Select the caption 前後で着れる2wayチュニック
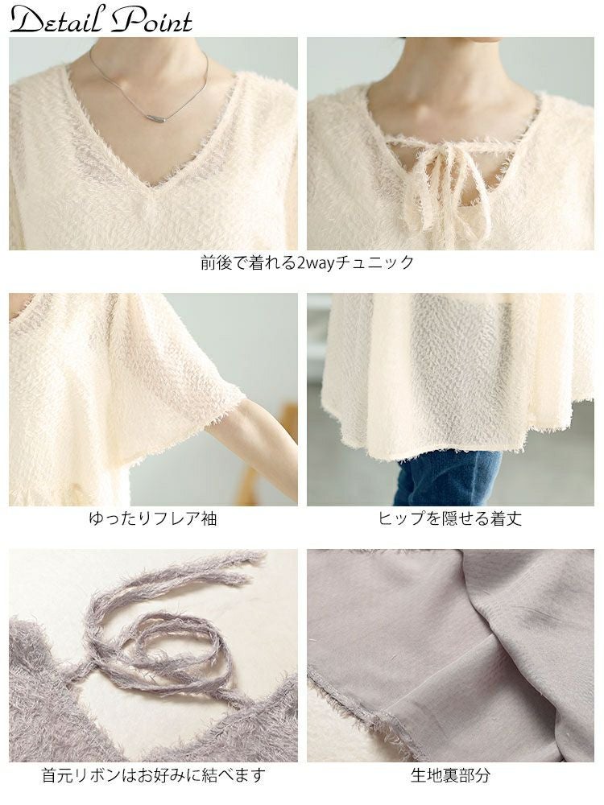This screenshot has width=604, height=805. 307,263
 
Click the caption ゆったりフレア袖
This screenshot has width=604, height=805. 152,518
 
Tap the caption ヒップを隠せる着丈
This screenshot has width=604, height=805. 450,518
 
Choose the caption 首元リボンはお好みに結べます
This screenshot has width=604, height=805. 153,774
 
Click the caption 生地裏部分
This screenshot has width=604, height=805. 450,774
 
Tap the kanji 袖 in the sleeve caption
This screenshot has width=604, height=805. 209,518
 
